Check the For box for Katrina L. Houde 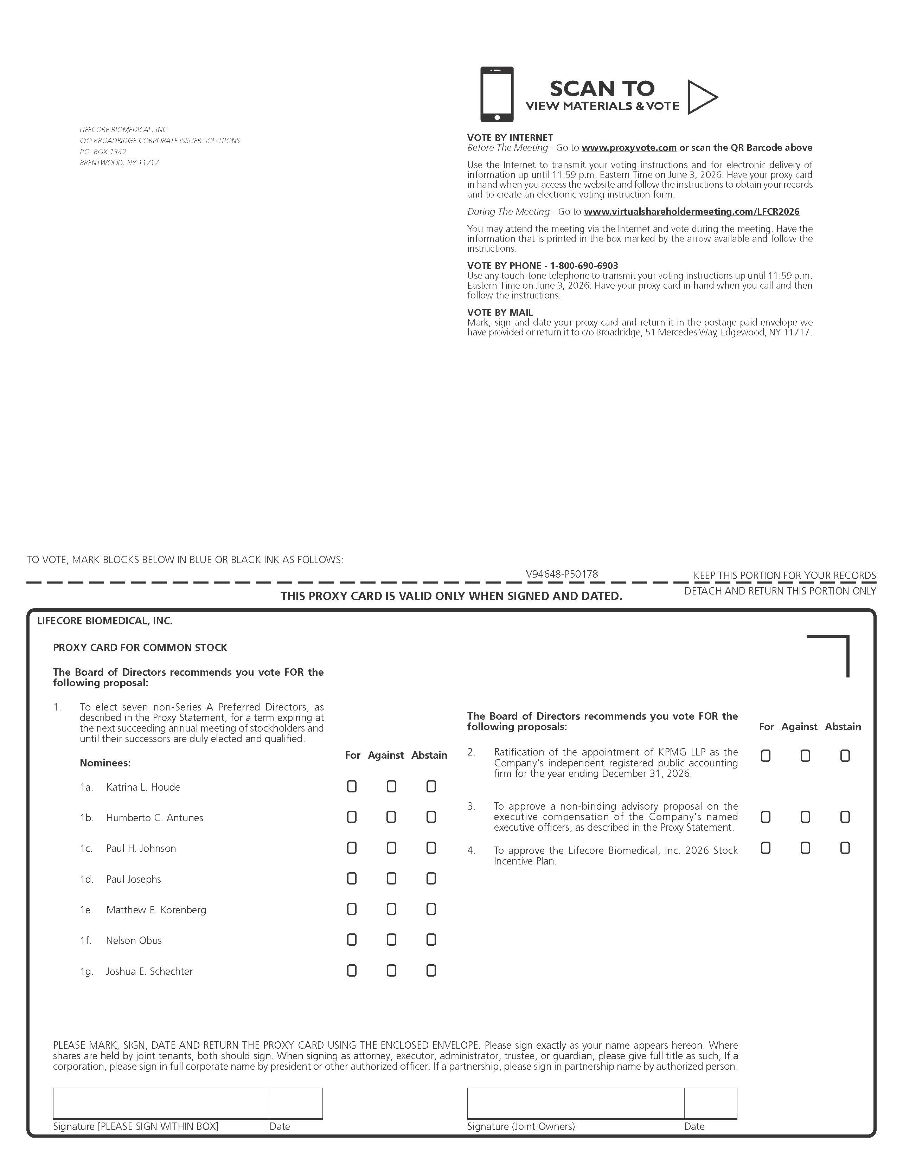[351, 786]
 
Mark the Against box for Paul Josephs [391, 878]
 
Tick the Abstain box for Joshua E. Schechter [431, 971]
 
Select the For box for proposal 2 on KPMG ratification [766, 756]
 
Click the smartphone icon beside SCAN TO [497, 94]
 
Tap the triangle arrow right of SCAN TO [702, 97]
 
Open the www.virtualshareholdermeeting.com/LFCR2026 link [691, 212]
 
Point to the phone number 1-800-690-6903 [584, 265]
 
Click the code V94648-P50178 [562, 574]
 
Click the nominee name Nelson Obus [134, 940]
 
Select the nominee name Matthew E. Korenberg [156, 910]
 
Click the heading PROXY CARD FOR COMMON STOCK [140, 648]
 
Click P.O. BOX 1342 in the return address [103, 152]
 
